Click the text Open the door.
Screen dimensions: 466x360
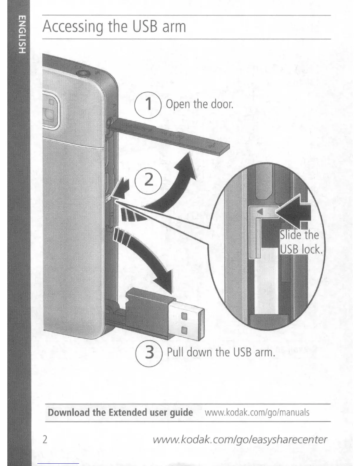tap(199, 104)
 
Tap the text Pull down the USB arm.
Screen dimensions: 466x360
tap(221, 352)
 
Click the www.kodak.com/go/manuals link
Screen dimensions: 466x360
tap(257, 412)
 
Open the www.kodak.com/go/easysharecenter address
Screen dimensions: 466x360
tap(240, 440)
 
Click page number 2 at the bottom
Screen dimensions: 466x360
tap(45, 440)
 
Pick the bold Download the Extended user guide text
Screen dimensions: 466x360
tap(120, 412)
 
